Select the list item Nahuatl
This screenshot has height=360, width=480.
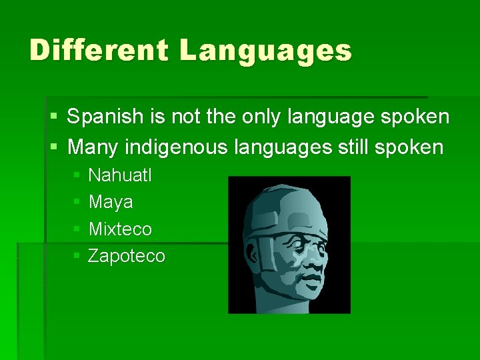120,175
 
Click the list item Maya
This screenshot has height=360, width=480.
111,202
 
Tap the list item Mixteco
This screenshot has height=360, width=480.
120,229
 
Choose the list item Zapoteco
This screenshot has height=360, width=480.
127,256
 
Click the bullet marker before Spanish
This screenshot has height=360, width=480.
53,118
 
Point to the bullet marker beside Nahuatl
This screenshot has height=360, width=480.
77,176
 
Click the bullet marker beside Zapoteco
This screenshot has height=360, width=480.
77,257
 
